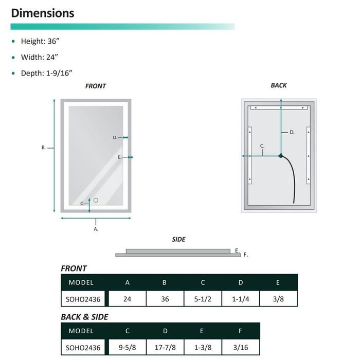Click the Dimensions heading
pos(43,13)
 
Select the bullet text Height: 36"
pos(40,41)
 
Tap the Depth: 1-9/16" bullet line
pos(47,73)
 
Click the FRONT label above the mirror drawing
pos(96,86)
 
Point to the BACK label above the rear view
pos(279,85)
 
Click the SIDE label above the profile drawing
pos(178,240)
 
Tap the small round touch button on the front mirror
pos(96,200)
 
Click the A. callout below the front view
pos(96,229)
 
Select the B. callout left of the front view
pos(43,148)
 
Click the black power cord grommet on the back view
pos(281,156)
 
